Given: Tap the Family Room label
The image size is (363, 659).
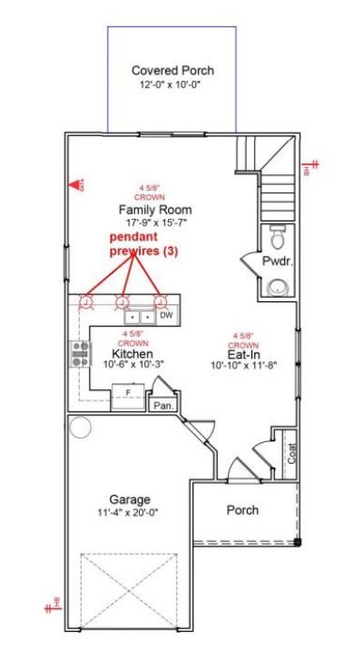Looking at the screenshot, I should point(155,210).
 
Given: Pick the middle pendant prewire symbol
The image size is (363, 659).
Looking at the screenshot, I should point(124,301).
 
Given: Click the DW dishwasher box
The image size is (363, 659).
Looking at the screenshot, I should point(166,317).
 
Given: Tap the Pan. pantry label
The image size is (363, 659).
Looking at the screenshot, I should point(163,406).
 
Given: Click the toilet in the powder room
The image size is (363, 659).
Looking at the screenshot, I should point(279,237).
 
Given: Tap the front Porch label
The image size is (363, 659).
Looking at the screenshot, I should point(241,510).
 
